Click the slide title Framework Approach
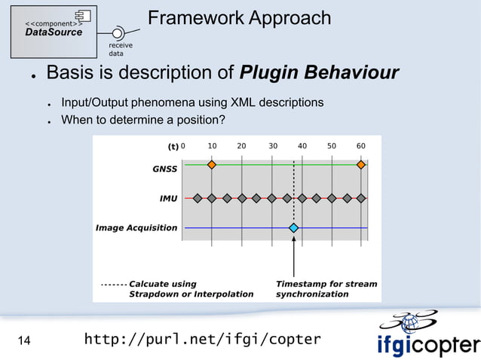point(239,17)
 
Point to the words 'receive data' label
point(121,50)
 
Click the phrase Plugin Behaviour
point(318,73)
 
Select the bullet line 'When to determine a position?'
point(142,120)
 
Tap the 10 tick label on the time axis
point(213,146)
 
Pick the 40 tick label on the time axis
point(302,146)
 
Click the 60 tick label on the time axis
point(361,146)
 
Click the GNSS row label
point(165,169)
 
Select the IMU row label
point(168,199)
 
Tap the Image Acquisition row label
point(136,227)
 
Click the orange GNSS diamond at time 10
point(212,164)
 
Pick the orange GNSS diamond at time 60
point(361,164)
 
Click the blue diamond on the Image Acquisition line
point(294,227)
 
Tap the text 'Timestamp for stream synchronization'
point(326,289)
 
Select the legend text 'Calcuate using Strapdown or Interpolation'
point(191,289)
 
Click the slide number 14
point(24,341)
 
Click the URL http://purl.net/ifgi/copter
point(202,340)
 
